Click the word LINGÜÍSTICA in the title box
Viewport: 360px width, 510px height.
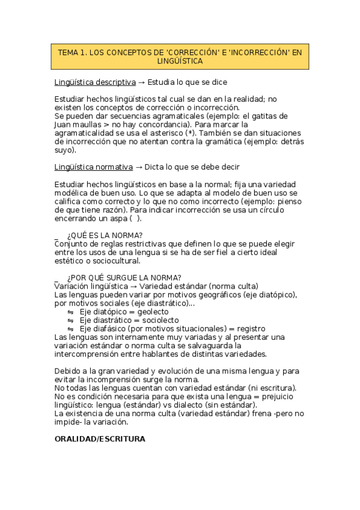click(x=180, y=61)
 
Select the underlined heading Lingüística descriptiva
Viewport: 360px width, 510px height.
click(x=94, y=82)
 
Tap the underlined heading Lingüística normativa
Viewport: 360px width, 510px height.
click(x=93, y=167)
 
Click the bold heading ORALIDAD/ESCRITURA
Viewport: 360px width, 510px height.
click(x=100, y=439)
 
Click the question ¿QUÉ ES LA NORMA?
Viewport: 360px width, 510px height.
click(x=105, y=235)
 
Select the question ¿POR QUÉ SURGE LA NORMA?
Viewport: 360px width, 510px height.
click(x=124, y=277)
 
